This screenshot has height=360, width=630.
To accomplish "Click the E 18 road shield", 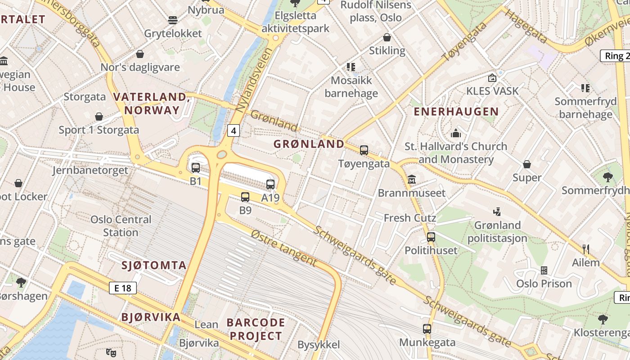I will tap(122, 288).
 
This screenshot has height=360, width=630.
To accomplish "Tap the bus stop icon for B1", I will tap(196, 168).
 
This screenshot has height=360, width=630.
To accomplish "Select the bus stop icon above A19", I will tap(270, 184).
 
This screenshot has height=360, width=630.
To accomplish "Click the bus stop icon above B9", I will tap(245, 197).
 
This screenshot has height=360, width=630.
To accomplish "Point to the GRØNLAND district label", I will tap(309, 144).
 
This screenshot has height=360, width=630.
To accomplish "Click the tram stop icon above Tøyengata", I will tap(364, 150).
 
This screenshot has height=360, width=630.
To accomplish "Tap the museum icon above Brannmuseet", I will tap(412, 180).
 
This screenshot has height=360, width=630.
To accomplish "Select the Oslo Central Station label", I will tap(121, 226).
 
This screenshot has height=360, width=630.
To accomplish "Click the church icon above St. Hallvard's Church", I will tap(456, 133).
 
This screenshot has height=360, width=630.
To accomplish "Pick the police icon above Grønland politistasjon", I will tap(497, 211).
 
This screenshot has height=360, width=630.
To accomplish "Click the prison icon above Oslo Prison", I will tap(544, 270).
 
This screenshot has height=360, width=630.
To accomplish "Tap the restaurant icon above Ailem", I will tap(586, 249).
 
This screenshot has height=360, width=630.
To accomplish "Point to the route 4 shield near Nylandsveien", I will tap(233, 131).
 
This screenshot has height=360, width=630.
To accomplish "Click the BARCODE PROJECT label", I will tap(256, 329).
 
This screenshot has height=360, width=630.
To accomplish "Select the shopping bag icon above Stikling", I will tap(387, 37).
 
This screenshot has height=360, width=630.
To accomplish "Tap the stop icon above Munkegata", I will tap(427, 329).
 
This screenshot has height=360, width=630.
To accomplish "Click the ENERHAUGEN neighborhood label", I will tap(456, 112).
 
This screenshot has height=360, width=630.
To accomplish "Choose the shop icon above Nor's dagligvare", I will tap(140, 54).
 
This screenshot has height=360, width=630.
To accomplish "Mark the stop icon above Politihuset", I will tap(431, 237).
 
